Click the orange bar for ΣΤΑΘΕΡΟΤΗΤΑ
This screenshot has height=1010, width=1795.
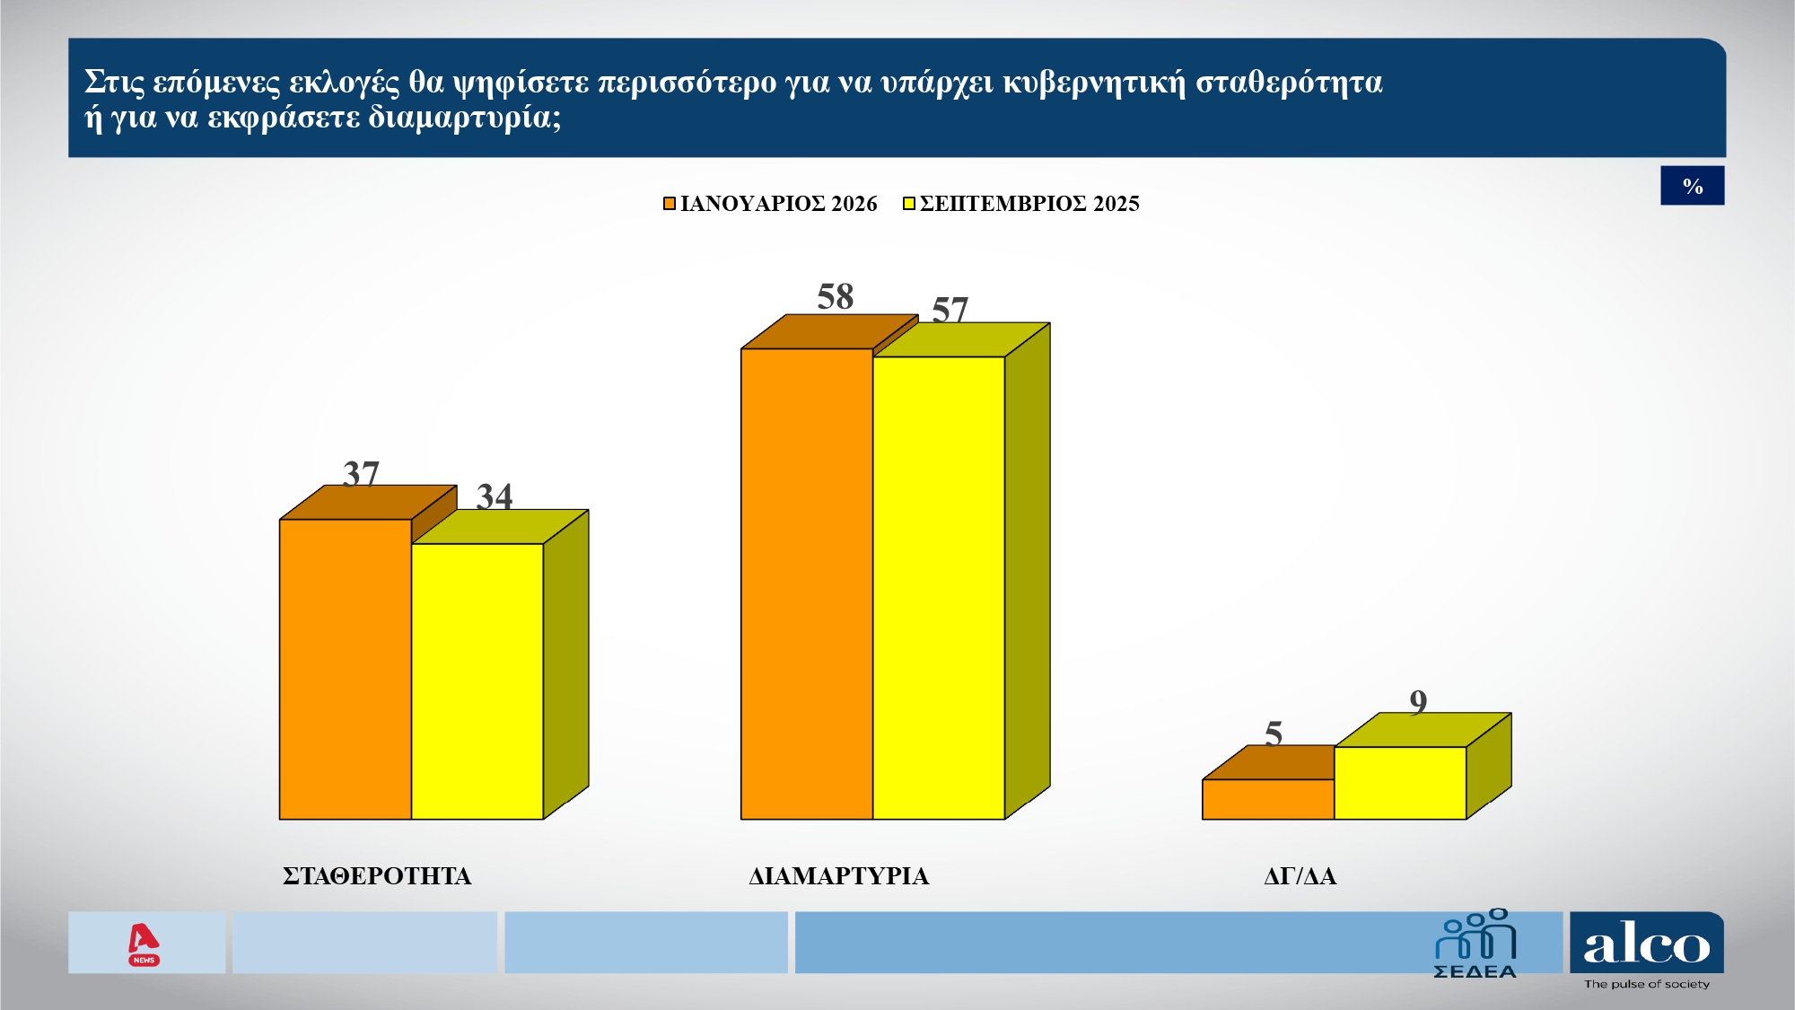[x=346, y=669]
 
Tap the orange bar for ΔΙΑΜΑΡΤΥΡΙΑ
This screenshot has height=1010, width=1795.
[x=807, y=584]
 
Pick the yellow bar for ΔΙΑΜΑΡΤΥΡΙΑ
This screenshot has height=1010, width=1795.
[x=939, y=588]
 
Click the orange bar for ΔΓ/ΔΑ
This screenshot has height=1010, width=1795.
[x=1268, y=799]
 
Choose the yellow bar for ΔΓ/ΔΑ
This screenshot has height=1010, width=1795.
[x=1400, y=783]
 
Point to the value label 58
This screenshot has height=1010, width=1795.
[x=835, y=297]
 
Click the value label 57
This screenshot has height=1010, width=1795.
[x=950, y=310]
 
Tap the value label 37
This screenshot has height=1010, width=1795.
[x=361, y=473]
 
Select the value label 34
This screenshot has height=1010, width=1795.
[x=495, y=496]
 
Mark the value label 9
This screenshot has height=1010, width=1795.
[x=1418, y=701]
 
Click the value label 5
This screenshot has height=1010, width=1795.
[x=1274, y=733]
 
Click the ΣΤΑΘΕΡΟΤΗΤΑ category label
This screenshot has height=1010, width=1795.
[x=377, y=876]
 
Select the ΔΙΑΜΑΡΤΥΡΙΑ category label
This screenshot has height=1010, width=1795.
[x=839, y=876]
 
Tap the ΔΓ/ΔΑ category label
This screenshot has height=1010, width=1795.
[x=1300, y=876]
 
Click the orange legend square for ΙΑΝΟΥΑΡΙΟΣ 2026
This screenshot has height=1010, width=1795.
[x=670, y=204]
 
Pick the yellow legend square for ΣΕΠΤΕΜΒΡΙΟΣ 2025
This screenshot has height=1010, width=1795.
[x=909, y=204]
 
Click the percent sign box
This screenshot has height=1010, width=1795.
[x=1693, y=186]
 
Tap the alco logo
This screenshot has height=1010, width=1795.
[x=1647, y=946]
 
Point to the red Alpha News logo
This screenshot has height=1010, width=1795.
[x=144, y=944]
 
